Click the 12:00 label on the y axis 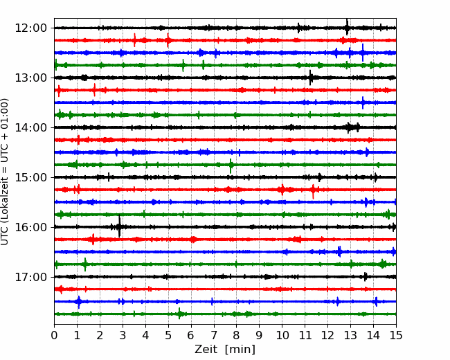tap(30, 28)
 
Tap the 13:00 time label tap(30, 78)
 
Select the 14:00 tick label tap(30, 127)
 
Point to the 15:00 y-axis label tap(30, 177)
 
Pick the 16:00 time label tap(30, 227)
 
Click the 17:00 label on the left tap(30, 277)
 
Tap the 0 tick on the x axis tap(54, 335)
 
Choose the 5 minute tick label tap(168, 335)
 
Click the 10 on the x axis tap(282, 335)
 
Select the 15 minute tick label tap(396, 335)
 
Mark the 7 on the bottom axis tap(214, 335)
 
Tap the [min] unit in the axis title tap(240, 350)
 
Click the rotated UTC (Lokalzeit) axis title tap(4, 172)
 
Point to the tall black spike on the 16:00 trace tap(119, 226)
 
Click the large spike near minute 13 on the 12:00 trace tap(347, 27)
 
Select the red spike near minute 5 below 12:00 tap(168, 40)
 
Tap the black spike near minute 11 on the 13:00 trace tap(311, 78)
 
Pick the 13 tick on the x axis tap(350, 335)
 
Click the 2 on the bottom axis tap(100, 335)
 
